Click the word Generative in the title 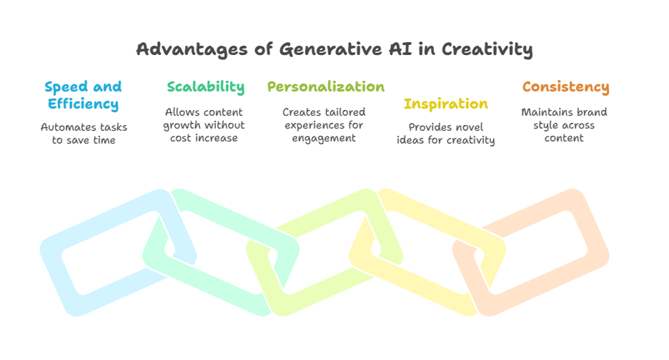pos(331,49)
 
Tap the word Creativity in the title pos(487,49)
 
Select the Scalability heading pos(206,87)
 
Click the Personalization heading pos(326,86)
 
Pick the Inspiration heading pos(446,104)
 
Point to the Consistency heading pos(566,87)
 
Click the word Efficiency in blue pos(83,104)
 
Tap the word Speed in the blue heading pos(66,87)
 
